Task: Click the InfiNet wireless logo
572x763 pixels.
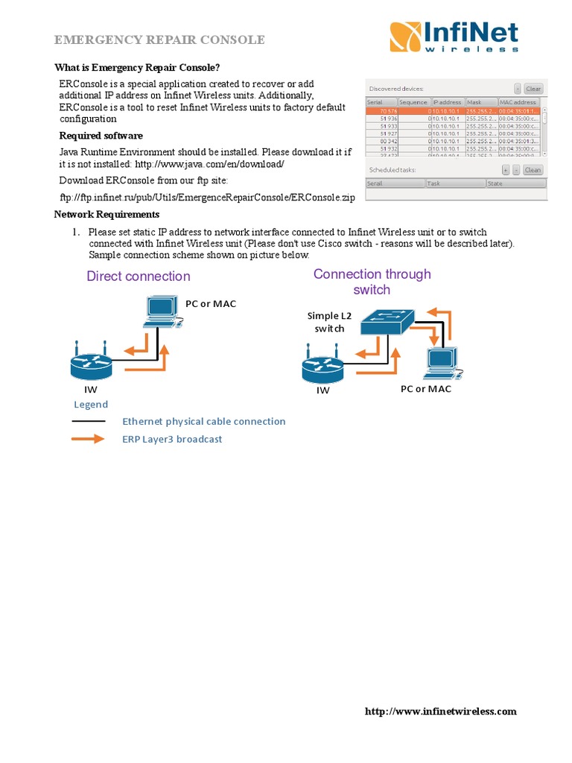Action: click(454, 37)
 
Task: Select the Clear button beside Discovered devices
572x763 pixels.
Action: click(533, 89)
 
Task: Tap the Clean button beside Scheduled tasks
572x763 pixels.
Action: click(533, 170)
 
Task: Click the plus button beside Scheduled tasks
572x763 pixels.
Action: click(506, 170)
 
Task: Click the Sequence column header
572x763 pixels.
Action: click(413, 102)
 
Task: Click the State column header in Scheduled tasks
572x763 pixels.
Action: click(515, 183)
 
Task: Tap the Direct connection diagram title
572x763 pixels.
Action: click(139, 276)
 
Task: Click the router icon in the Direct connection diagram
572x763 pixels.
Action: click(92, 364)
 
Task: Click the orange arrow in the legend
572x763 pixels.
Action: click(88, 439)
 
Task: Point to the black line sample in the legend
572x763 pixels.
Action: click(88, 422)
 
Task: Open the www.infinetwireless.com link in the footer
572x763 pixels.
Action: click(440, 712)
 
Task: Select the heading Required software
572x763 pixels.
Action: click(101, 136)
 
